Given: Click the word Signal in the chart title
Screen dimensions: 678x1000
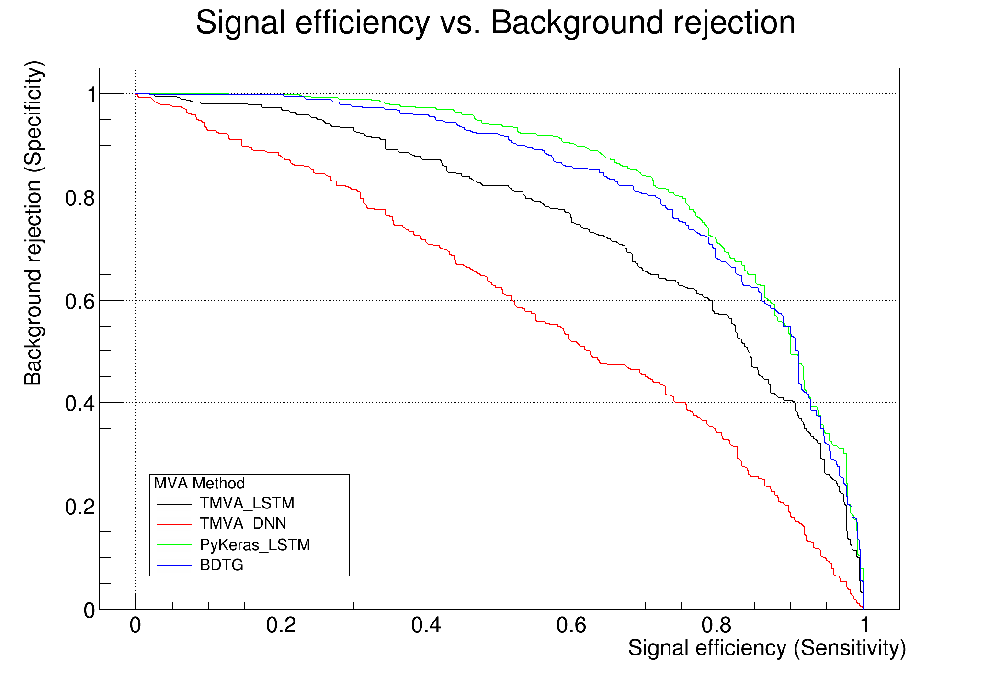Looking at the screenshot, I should point(240,23).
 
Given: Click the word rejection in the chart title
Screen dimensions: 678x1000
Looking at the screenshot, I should point(734,23).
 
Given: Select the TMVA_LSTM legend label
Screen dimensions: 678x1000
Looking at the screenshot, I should point(247,503).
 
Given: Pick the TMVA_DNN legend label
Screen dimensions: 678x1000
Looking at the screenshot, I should point(243,523).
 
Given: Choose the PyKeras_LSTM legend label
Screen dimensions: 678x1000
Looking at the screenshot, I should point(255,545).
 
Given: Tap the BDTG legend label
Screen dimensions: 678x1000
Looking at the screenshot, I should point(222,565).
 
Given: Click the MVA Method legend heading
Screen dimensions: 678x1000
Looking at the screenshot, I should point(199,483).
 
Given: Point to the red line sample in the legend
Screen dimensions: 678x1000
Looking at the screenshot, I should point(174,524).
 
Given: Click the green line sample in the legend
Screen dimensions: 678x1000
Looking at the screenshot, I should point(174,545).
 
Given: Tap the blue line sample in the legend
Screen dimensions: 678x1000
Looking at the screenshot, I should point(174,565).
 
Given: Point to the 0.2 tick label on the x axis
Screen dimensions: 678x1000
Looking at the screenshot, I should point(281,625).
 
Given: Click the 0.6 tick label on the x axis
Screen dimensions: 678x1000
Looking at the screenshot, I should point(571,625).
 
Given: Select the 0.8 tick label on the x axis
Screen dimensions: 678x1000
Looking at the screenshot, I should point(716,625).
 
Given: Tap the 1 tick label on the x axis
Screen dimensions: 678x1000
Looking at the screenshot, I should point(864,625).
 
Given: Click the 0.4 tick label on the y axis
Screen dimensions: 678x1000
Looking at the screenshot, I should point(80,404).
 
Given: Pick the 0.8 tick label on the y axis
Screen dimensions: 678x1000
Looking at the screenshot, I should point(80,198).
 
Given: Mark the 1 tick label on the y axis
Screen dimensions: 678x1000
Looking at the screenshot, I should point(90,95).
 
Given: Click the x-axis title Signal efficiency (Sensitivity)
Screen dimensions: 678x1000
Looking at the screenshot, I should point(767,648).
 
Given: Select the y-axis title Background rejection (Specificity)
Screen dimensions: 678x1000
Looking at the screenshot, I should point(34,223).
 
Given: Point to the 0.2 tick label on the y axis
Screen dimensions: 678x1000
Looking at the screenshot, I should point(80,507).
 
